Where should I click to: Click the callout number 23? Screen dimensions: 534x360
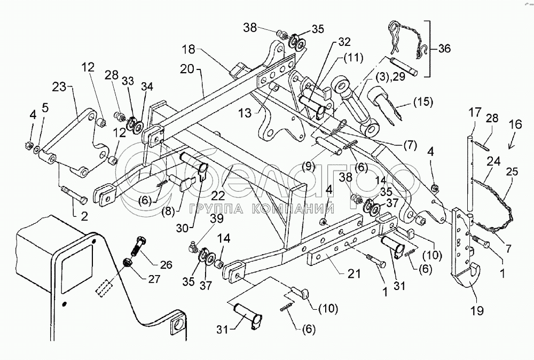click(x=59, y=87)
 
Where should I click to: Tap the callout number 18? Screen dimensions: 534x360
click(x=188, y=49)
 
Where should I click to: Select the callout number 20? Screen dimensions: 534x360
click(x=187, y=69)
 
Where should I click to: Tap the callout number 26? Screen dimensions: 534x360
click(x=166, y=264)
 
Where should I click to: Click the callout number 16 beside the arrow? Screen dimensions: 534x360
click(x=516, y=124)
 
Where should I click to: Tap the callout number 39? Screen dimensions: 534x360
click(x=217, y=218)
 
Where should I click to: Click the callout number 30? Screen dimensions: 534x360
click(x=183, y=228)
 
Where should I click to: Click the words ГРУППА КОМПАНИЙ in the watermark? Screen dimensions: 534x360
click(x=261, y=208)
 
